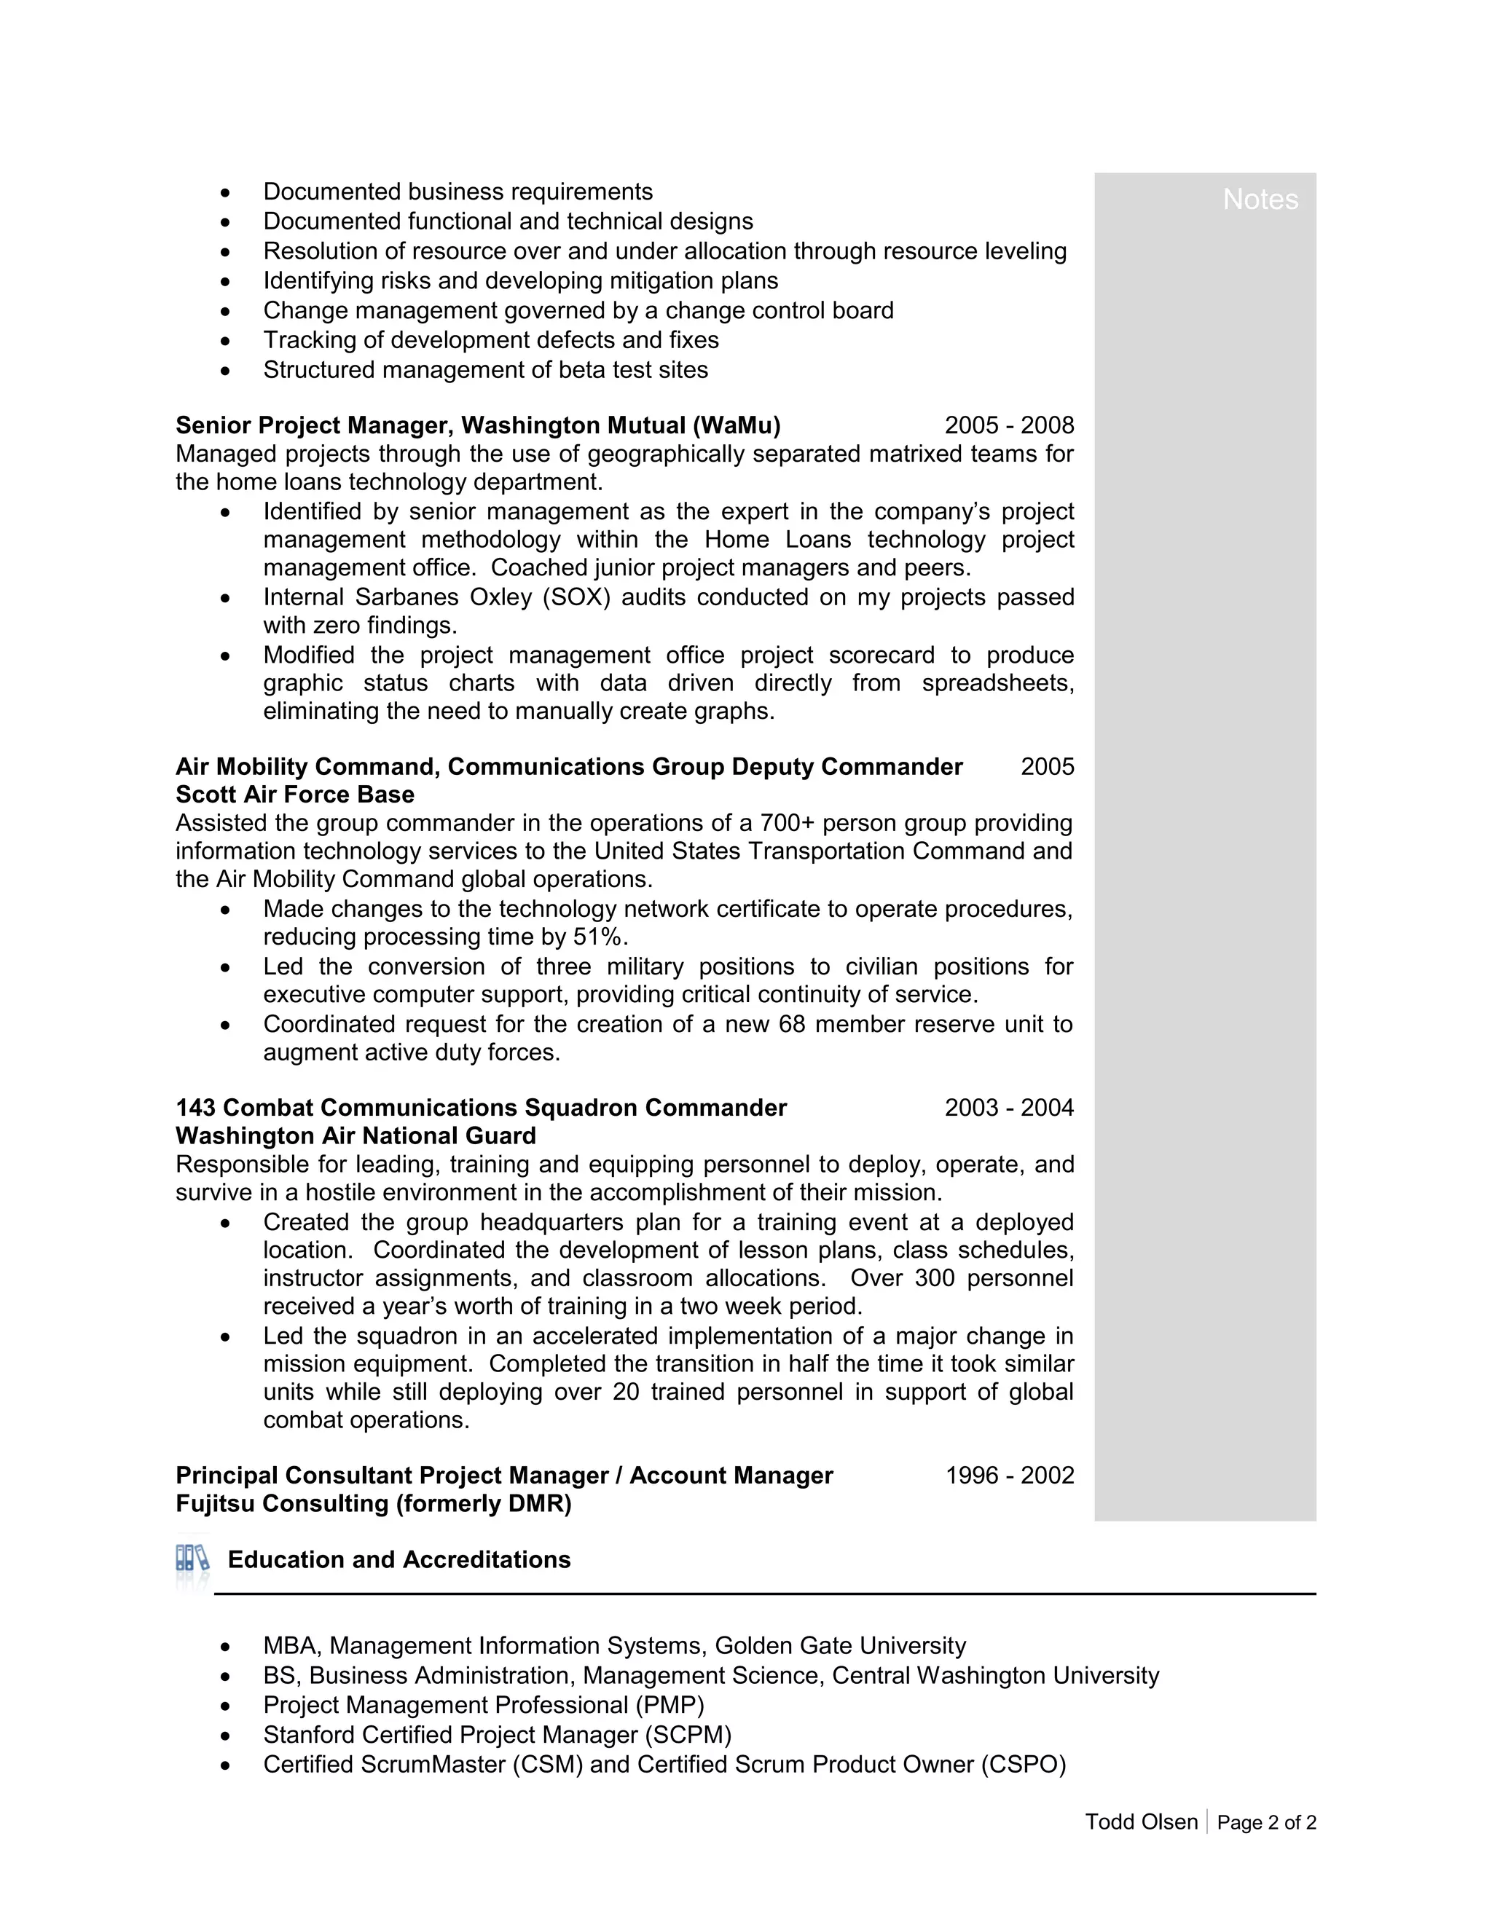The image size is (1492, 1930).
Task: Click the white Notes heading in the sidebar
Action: coord(1260,200)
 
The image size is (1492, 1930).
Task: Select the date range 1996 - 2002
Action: coord(1010,1475)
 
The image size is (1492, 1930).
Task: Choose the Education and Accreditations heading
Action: coord(398,1560)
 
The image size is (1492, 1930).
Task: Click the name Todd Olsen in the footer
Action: coord(1141,1821)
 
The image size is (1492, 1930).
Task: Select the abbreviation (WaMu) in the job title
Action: coord(737,425)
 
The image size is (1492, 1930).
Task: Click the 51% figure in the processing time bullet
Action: coord(598,937)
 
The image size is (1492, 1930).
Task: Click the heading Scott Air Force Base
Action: coord(294,795)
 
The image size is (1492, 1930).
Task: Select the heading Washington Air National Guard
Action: coord(356,1135)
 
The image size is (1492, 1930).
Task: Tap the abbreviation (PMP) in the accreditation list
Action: coord(669,1705)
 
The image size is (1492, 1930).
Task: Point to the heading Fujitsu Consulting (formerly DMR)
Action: coord(373,1503)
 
